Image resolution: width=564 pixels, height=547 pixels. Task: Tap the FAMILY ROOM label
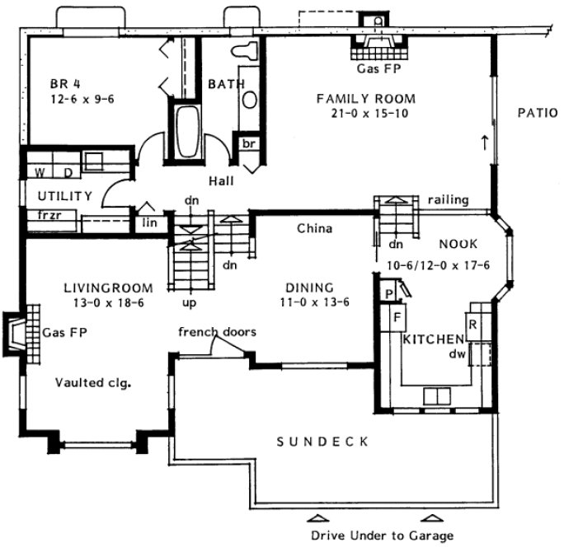tap(366, 98)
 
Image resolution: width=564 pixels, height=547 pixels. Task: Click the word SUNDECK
tap(323, 442)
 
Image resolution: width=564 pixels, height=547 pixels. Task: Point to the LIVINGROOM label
tap(108, 288)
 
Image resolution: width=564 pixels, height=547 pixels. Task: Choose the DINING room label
tap(309, 288)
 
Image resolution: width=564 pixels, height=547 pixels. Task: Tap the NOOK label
tap(453, 244)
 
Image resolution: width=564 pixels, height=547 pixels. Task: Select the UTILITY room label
tap(52, 195)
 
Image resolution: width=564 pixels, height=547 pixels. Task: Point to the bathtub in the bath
tap(189, 132)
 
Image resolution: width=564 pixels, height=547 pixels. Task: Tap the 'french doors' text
tap(217, 332)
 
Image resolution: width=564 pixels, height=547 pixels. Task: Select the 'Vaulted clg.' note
tap(95, 382)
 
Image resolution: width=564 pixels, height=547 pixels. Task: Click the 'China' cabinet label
tap(314, 228)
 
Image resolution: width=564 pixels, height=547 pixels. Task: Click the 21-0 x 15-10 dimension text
tap(366, 114)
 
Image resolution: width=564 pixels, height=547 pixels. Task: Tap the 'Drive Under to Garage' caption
tap(382, 535)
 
